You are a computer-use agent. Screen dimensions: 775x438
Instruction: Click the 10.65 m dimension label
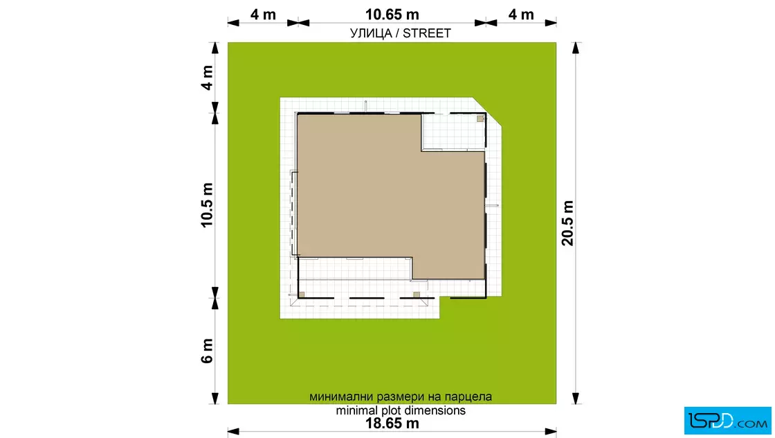tap(392, 15)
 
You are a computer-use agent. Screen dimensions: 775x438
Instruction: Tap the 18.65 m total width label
tap(392, 423)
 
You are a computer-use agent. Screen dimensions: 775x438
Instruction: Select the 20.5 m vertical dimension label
tap(567, 223)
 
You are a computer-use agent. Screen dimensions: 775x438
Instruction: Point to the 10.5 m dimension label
tap(207, 205)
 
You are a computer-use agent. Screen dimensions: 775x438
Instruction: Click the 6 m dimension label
tap(207, 351)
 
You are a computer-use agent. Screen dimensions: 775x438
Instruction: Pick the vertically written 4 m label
tap(207, 78)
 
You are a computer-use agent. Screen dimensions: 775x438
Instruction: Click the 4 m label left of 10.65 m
tap(263, 15)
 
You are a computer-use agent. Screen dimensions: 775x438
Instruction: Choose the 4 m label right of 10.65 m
tap(521, 15)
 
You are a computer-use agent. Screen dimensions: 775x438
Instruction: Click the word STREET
tap(426, 33)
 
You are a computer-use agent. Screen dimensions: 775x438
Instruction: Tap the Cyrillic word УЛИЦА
tap(371, 33)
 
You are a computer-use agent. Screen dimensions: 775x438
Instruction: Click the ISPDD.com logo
tap(727, 420)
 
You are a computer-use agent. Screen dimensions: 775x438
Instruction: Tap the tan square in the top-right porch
tap(480, 119)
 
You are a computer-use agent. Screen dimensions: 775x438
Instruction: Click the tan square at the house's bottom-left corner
tap(302, 295)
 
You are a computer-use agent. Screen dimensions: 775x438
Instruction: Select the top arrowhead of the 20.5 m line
tap(575, 48)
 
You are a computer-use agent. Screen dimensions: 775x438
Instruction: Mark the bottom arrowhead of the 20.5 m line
tap(575, 398)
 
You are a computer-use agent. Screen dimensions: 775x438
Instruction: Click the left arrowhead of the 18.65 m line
tap(233, 432)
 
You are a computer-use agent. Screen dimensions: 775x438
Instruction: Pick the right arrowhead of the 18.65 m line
tap(551, 432)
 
